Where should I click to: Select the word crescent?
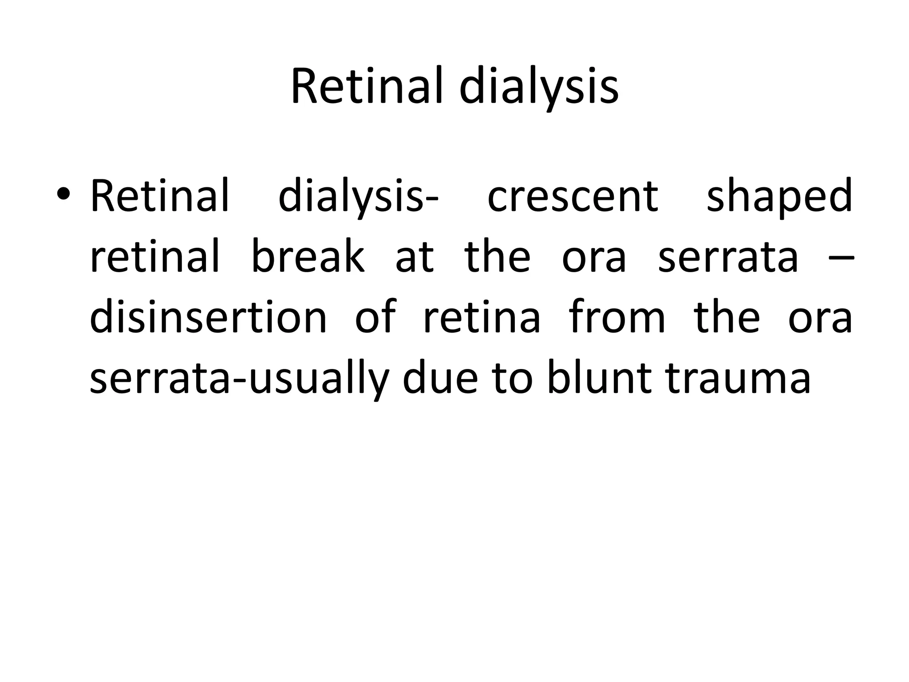coord(572,196)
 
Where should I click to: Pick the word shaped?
coord(779,196)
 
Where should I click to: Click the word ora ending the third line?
coord(820,318)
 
